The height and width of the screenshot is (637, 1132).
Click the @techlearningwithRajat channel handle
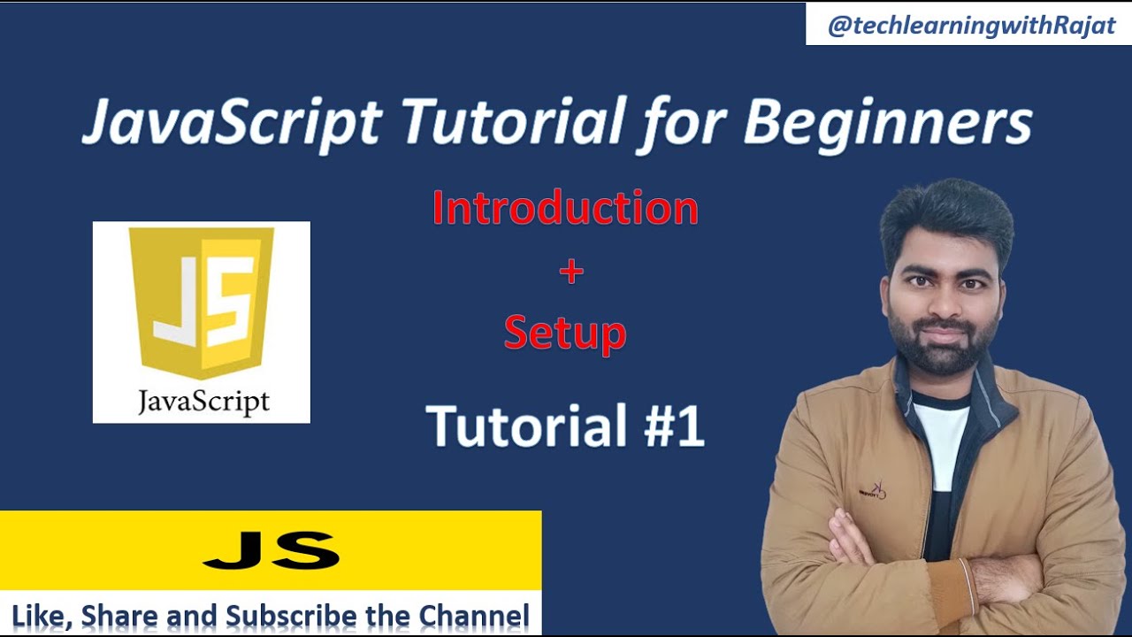point(971,27)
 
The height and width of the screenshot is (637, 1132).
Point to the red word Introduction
point(565,209)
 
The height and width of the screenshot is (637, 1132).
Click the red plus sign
point(571,272)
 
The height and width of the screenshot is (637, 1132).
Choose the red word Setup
point(565,334)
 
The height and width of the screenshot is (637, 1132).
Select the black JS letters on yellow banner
point(271,550)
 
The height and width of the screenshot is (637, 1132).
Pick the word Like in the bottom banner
point(38,616)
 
